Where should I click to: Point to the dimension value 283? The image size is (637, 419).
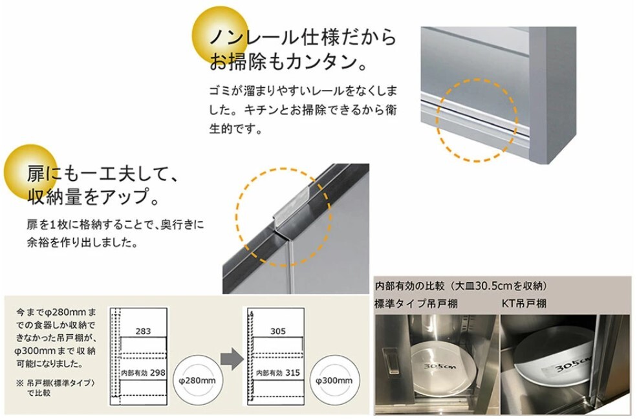point(144,331)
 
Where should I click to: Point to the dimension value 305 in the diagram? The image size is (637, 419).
point(277,331)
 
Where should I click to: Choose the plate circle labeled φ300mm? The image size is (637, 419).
point(333,380)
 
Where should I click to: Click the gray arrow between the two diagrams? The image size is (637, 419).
point(226,357)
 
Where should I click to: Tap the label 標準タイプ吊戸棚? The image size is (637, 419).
point(416,303)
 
